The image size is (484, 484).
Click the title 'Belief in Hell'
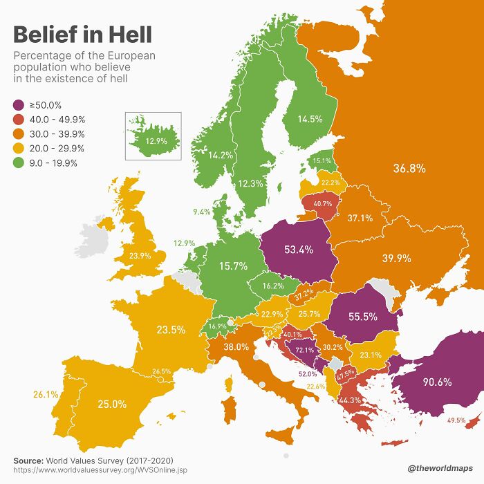point(83,34)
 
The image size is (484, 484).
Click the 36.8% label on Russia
point(409,168)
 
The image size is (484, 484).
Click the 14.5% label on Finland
point(310,119)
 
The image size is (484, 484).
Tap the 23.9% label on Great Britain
point(140,255)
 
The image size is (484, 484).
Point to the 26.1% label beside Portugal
point(45,395)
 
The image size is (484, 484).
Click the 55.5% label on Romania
point(363,316)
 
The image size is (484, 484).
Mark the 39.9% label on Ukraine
point(396,258)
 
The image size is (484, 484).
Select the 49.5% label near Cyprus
point(456,420)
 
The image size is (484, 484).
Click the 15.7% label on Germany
point(233,266)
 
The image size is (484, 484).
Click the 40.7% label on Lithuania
point(322,204)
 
